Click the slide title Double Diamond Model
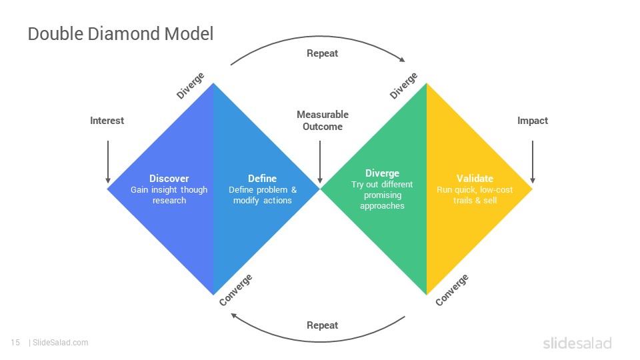[x=121, y=34]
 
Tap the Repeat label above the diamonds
[x=322, y=53]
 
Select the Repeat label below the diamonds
[x=322, y=325]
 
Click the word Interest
[x=107, y=121]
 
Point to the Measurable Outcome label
[x=323, y=121]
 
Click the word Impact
[x=532, y=121]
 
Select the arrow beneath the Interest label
[x=108, y=162]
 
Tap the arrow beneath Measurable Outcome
[x=320, y=162]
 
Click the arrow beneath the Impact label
[x=532, y=162]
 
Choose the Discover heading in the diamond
[x=169, y=179]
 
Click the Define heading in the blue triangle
[x=262, y=179]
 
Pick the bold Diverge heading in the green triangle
[x=382, y=173]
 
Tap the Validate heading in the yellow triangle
[x=475, y=179]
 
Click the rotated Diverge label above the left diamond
[x=190, y=86]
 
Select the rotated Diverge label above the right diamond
[x=403, y=86]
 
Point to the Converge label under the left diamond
[x=235, y=290]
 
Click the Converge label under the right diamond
[x=451, y=290]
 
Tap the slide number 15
[x=15, y=343]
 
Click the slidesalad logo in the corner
[x=577, y=343]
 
